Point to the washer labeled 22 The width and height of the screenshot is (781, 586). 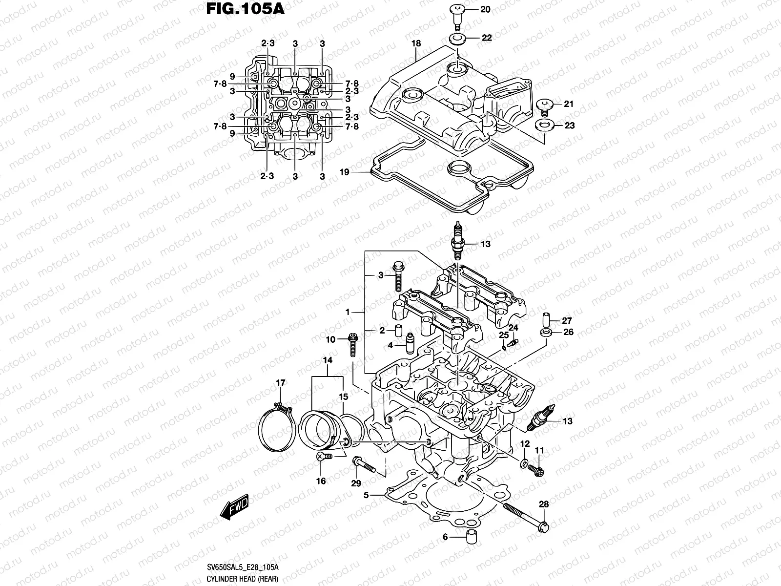[x=456, y=39]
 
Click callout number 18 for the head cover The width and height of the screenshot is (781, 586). [x=416, y=43]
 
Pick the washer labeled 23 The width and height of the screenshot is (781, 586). [x=544, y=125]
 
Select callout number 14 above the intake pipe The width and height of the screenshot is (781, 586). [x=327, y=360]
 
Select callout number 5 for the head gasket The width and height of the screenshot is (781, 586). [x=366, y=495]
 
